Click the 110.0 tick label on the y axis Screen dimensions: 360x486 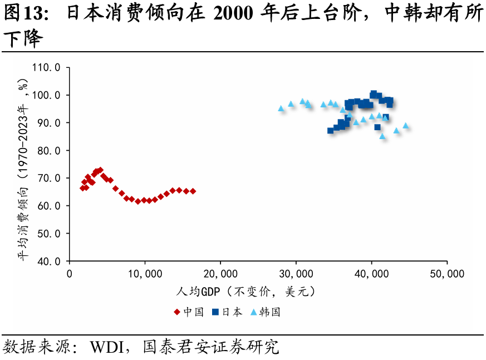46,68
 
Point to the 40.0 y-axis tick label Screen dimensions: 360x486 49,261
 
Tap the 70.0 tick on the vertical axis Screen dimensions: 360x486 49,178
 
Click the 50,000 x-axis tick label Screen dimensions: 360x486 447,274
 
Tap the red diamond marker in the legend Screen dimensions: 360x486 177,312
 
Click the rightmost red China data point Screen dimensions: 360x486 193,191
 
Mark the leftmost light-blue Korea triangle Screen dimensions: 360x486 281,109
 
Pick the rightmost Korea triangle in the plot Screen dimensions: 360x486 405,126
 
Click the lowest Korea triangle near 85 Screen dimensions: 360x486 382,136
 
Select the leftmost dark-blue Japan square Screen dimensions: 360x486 330,130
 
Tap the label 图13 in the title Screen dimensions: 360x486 22,14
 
